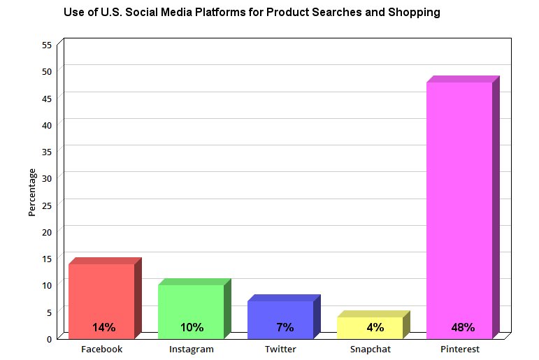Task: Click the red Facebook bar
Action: click(101, 297)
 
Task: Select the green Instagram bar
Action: click(191, 308)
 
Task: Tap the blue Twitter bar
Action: click(280, 315)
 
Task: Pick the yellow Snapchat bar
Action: click(370, 323)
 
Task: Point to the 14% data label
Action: click(103, 327)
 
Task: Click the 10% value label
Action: click(192, 327)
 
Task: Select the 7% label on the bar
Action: click(285, 327)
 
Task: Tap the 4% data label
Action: click(375, 327)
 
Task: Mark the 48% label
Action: click(463, 327)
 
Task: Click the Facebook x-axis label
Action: click(102, 349)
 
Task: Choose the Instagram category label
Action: click(192, 349)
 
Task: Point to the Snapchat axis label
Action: click(371, 349)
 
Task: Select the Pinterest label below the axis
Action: click(460, 349)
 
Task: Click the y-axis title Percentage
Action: click(32, 192)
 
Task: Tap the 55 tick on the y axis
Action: click(47, 45)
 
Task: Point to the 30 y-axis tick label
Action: click(47, 178)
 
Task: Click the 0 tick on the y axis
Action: click(49, 339)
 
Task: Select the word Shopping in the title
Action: click(415, 13)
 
